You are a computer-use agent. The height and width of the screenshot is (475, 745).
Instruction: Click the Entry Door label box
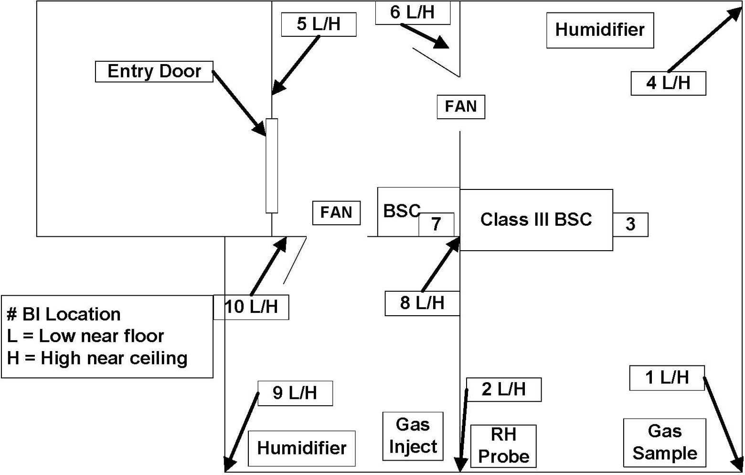[x=154, y=71]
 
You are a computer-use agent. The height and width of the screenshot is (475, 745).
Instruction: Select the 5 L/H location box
[x=319, y=24]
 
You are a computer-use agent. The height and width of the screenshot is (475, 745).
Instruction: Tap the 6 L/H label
[x=413, y=12]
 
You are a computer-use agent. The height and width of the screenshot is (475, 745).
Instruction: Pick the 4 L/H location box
[x=668, y=83]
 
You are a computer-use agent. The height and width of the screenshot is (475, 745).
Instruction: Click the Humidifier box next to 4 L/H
[x=600, y=30]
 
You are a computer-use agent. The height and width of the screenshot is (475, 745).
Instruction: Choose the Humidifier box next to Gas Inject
[x=302, y=448]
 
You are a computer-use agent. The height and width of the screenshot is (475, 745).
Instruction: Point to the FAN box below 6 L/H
[x=461, y=107]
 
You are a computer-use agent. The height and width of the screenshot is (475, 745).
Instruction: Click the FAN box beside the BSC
[x=336, y=213]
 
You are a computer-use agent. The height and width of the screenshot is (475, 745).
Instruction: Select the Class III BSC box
[x=536, y=220]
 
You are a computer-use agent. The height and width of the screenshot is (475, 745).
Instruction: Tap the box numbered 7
[x=436, y=224]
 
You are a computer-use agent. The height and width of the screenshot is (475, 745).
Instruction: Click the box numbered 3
[x=630, y=224]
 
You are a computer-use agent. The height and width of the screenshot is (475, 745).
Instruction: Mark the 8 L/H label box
[x=422, y=303]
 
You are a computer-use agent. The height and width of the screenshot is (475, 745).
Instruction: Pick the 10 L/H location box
[x=251, y=307]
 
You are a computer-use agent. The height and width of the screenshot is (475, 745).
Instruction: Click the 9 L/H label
[x=295, y=393]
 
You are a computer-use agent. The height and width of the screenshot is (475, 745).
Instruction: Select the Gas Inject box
[x=413, y=436]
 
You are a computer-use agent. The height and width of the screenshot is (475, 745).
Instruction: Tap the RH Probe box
[x=503, y=446]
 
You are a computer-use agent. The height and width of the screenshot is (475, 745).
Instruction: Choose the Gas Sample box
[x=664, y=442]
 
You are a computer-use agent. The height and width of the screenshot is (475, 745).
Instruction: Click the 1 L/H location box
[x=667, y=378]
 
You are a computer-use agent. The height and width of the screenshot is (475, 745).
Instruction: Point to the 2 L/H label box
[x=504, y=390]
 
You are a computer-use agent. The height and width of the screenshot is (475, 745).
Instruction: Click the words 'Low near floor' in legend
[x=101, y=336]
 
